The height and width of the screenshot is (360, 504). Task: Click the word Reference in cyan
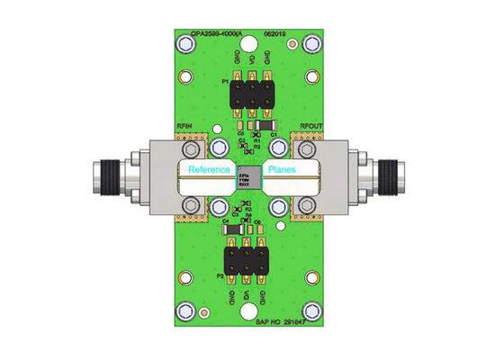209,170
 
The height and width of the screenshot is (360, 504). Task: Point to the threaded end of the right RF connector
395,174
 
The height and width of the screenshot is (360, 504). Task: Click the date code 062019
275,33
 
